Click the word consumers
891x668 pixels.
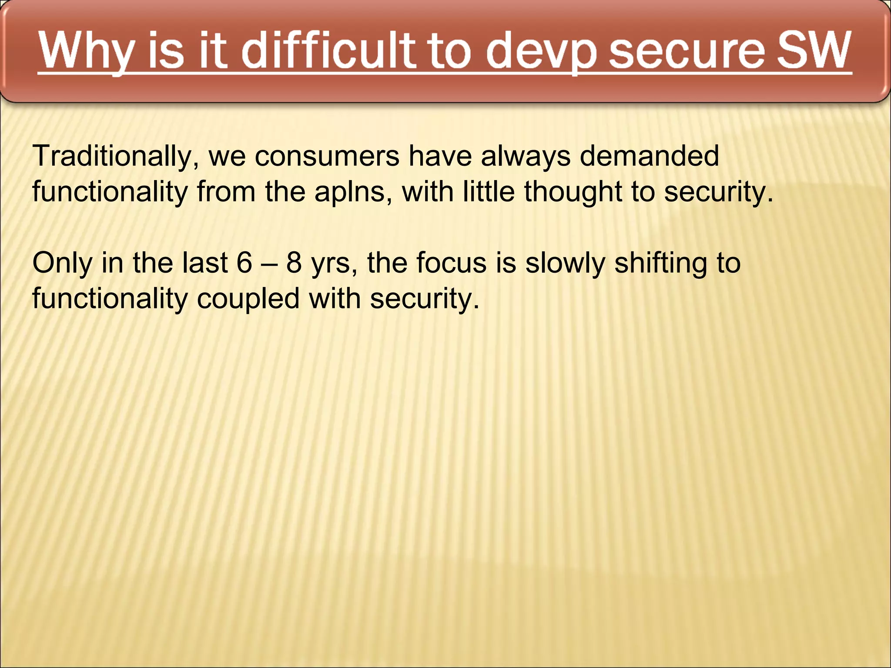tap(327, 156)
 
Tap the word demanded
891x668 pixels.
tap(649, 156)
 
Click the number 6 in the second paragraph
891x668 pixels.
tap(245, 263)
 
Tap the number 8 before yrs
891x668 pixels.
tap(294, 263)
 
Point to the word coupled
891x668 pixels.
tap(248, 299)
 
